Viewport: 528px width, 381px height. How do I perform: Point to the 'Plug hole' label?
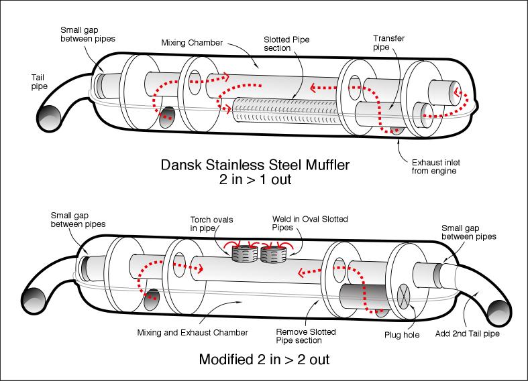point(403,334)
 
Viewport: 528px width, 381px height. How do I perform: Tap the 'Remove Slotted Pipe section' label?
point(306,336)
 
